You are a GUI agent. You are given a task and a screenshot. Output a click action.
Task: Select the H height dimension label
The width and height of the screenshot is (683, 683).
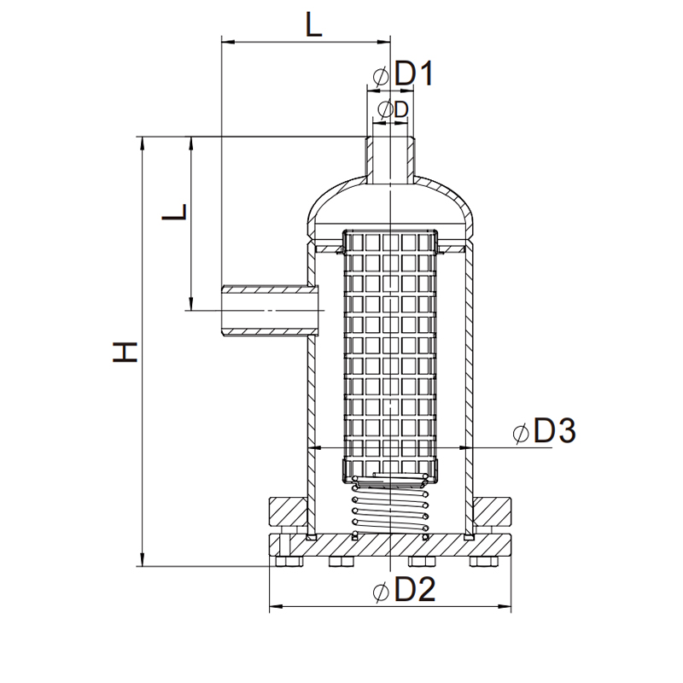pos(126,351)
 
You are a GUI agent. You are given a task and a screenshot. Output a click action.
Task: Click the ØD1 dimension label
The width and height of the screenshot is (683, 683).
pos(403,75)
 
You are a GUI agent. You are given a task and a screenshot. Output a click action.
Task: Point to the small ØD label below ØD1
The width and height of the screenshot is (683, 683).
pos(393,109)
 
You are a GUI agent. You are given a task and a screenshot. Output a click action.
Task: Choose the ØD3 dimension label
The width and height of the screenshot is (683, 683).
pos(545,432)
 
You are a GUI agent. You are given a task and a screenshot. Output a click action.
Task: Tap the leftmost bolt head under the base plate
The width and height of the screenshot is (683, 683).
pos(282,562)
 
